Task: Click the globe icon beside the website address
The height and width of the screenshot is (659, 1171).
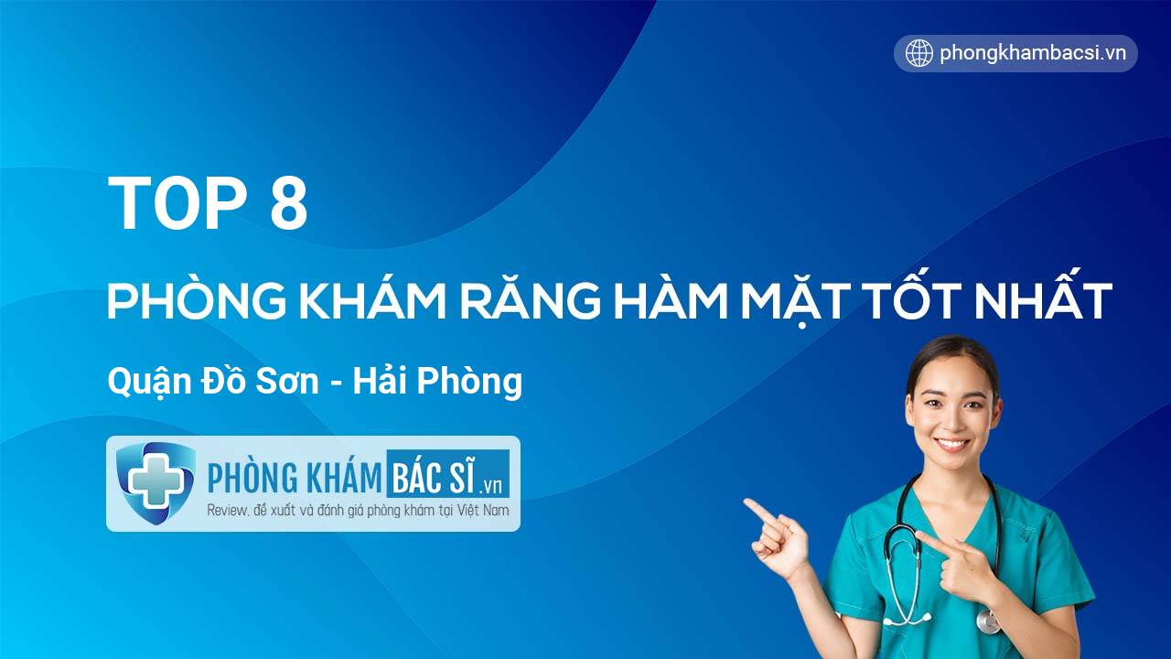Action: [919, 53]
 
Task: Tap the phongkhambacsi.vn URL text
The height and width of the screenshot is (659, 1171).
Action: [1033, 53]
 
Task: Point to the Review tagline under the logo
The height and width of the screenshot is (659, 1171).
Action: [358, 510]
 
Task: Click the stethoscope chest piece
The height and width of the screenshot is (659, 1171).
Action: [988, 621]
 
